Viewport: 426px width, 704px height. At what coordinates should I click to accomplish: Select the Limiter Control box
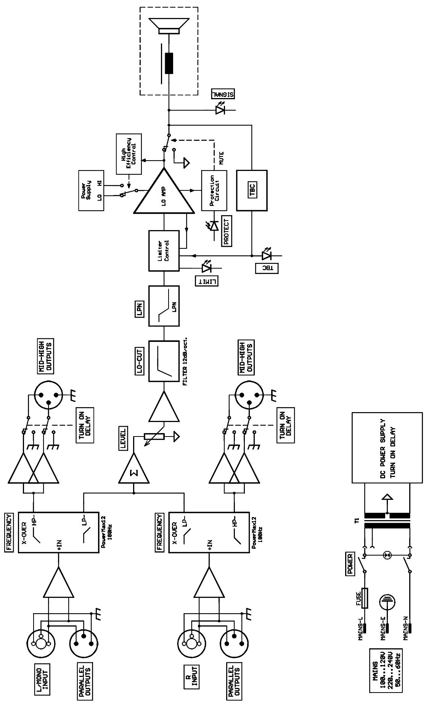(x=164, y=251)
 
